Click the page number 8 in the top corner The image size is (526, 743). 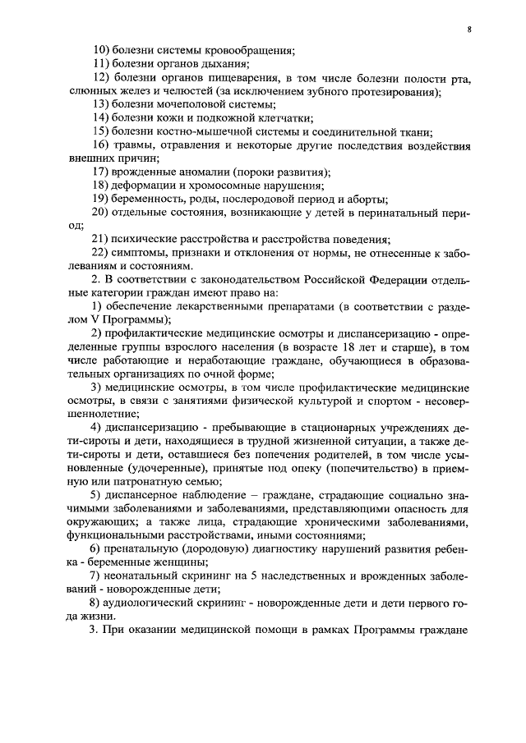[468, 29]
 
